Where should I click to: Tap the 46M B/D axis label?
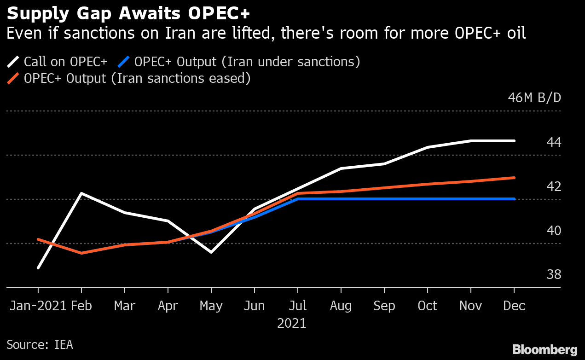pyautogui.click(x=534, y=98)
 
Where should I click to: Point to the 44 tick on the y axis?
pyautogui.click(x=554, y=142)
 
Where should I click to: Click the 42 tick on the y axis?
pyautogui.click(x=554, y=186)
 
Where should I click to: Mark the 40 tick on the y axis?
pyautogui.click(x=554, y=231)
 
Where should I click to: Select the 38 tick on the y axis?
pyautogui.click(x=554, y=275)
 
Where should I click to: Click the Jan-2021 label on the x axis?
pyautogui.click(x=38, y=306)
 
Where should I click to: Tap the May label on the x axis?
pyautogui.click(x=211, y=306)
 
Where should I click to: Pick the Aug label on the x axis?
pyautogui.click(x=341, y=306)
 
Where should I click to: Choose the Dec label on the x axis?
pyautogui.click(x=514, y=306)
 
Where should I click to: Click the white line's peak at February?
pyautogui.click(x=81, y=193)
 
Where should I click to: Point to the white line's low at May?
pyautogui.click(x=211, y=252)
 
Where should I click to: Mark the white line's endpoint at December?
pyautogui.click(x=514, y=141)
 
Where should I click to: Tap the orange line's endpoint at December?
pyautogui.click(x=514, y=178)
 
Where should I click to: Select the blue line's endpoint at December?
pyautogui.click(x=514, y=199)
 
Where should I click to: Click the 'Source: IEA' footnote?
pyautogui.click(x=40, y=344)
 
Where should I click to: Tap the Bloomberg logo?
pyautogui.click(x=544, y=349)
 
